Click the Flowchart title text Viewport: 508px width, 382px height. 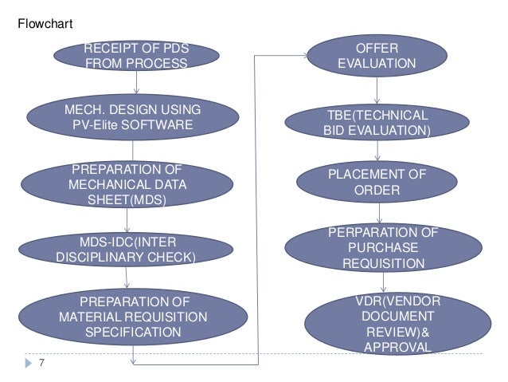click(x=45, y=25)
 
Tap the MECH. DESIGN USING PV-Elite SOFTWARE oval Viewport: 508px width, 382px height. click(x=133, y=116)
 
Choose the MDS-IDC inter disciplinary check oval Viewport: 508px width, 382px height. click(x=127, y=249)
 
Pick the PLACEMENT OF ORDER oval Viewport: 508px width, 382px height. click(x=377, y=182)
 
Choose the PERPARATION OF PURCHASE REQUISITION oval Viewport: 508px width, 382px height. click(x=383, y=247)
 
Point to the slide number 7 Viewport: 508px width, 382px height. click(x=42, y=364)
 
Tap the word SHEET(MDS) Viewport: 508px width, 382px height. click(x=127, y=200)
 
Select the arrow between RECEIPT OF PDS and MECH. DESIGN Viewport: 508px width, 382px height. click(x=137, y=83)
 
